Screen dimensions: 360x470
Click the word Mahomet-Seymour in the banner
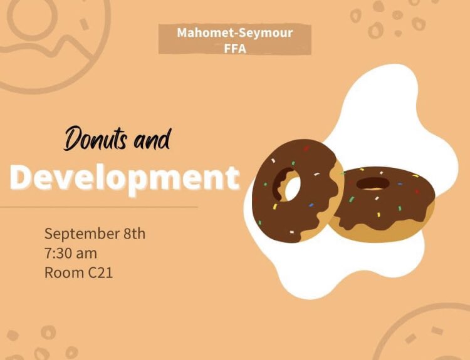(x=234, y=33)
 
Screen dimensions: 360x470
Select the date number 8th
(x=134, y=234)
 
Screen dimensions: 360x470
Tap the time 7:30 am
(x=70, y=254)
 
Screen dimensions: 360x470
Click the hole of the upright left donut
(x=291, y=185)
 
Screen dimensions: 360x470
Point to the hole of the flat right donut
(x=373, y=183)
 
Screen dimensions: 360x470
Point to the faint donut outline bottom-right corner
(x=432, y=335)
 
